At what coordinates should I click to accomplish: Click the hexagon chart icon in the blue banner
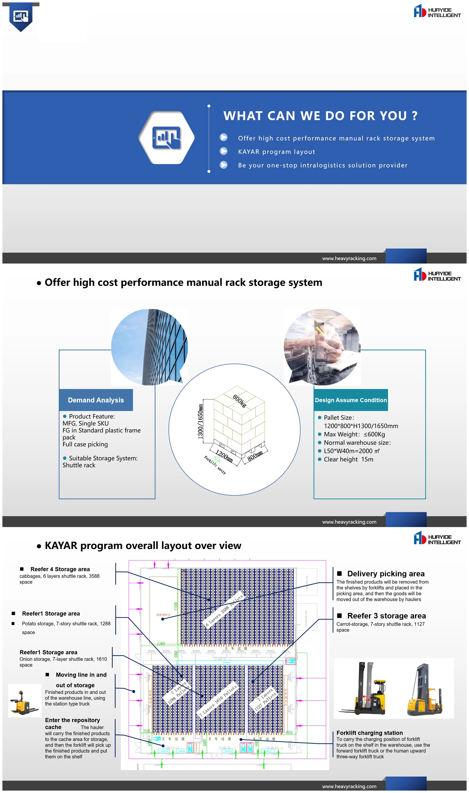click(166, 138)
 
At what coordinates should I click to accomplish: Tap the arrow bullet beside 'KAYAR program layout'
click(223, 151)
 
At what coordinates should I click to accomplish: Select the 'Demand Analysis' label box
click(96, 400)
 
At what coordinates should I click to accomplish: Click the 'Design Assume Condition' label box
click(351, 400)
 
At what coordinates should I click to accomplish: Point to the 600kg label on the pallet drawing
click(239, 401)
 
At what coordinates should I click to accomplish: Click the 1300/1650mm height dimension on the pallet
click(200, 422)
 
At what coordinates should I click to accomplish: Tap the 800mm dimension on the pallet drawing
click(255, 456)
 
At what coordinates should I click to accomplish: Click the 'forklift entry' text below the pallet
click(215, 465)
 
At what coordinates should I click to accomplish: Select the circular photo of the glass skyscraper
click(149, 347)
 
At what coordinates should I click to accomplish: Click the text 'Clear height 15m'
click(348, 459)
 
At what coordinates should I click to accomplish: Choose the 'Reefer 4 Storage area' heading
click(60, 569)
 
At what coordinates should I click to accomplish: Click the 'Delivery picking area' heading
click(386, 574)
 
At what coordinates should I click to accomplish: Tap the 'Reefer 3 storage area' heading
click(386, 616)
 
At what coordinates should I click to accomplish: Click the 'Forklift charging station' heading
click(369, 733)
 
